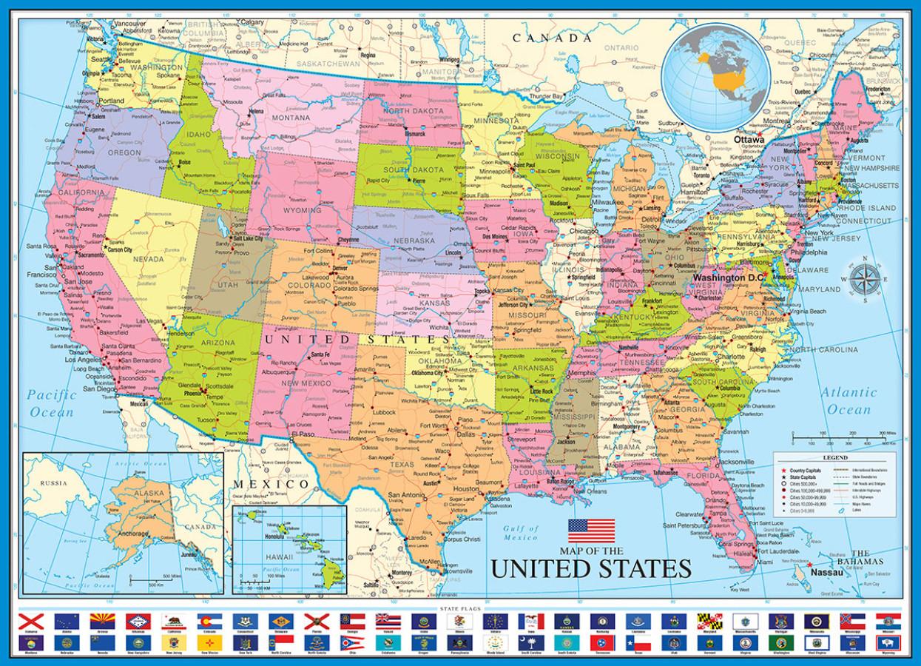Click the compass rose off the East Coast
tap(863, 280)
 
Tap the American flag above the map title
tap(591, 531)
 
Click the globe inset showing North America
tap(715, 76)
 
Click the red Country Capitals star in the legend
tap(783, 471)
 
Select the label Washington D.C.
tap(729, 277)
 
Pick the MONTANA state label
tap(290, 118)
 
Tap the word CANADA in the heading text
tap(547, 38)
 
